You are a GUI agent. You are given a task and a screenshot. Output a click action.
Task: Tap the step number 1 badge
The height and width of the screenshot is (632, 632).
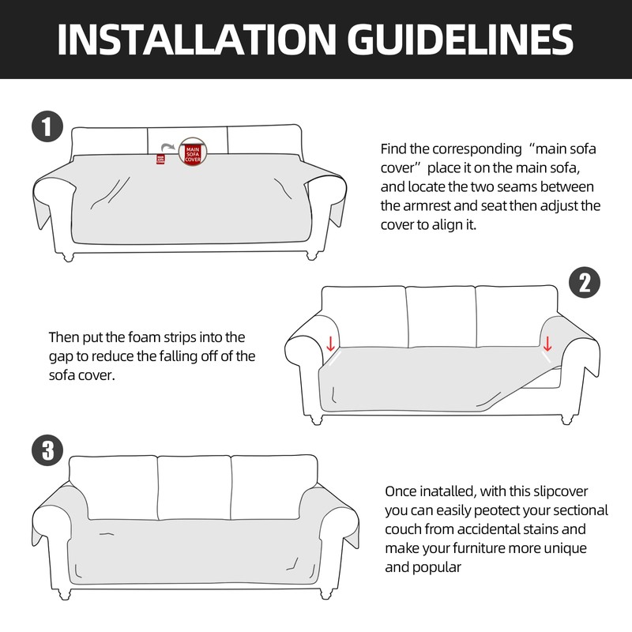pyautogui.click(x=47, y=126)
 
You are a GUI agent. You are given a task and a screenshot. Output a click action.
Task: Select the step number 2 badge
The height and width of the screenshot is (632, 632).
pyautogui.click(x=584, y=283)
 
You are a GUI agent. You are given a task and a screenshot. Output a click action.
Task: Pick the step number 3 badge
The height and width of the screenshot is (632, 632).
pyautogui.click(x=47, y=451)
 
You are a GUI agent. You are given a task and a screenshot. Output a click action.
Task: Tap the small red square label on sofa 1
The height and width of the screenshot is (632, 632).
pyautogui.click(x=160, y=158)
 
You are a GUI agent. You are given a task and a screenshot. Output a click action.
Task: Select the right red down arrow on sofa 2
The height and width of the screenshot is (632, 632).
pyautogui.click(x=546, y=343)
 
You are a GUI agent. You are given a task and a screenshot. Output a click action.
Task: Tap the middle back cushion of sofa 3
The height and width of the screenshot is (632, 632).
pyautogui.click(x=194, y=488)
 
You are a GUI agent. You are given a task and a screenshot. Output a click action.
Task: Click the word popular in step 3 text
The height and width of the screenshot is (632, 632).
pyautogui.click(x=437, y=566)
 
